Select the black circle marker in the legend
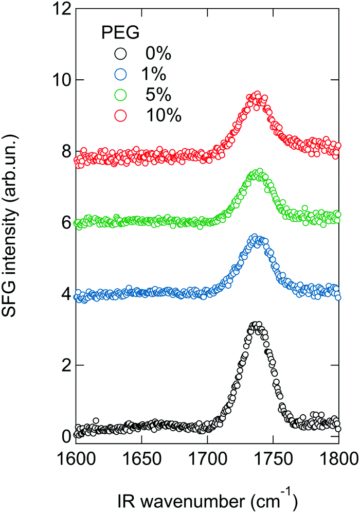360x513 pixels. click(120, 54)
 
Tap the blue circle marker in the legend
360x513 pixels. click(120, 74)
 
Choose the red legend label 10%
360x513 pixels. click(164, 115)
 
